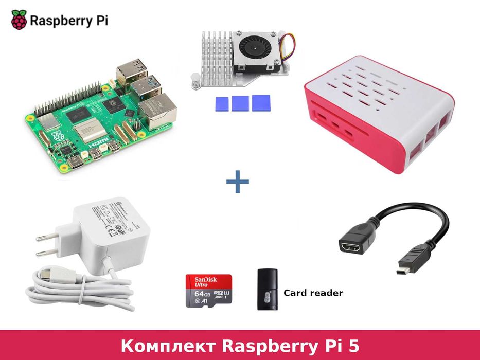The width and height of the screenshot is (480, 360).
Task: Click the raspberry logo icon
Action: tap(19, 20)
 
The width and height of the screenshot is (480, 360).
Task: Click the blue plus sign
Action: tap(237, 182)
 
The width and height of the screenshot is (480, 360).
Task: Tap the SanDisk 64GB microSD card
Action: tap(209, 291)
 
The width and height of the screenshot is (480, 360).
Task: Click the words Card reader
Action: tap(313, 293)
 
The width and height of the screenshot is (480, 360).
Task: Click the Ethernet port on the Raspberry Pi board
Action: tap(157, 110)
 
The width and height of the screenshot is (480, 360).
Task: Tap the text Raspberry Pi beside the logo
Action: tap(68, 21)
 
